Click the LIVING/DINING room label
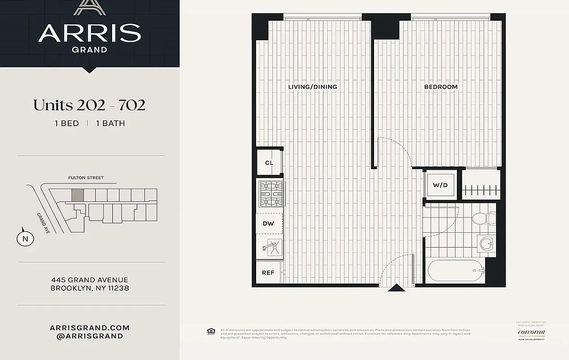coord(312,87)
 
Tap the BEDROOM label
coord(441,87)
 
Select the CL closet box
coord(269,162)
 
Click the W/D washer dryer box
coord(440,185)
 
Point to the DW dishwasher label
coord(269,223)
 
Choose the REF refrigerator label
coord(268,273)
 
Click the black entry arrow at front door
coord(396,288)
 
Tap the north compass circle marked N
coord(25,238)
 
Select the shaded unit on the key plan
coord(78,195)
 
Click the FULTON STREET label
coord(86,178)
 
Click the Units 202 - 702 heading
coord(89,105)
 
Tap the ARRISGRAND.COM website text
coord(90,328)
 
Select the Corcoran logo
coord(531,333)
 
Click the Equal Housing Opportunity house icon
coord(211,332)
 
